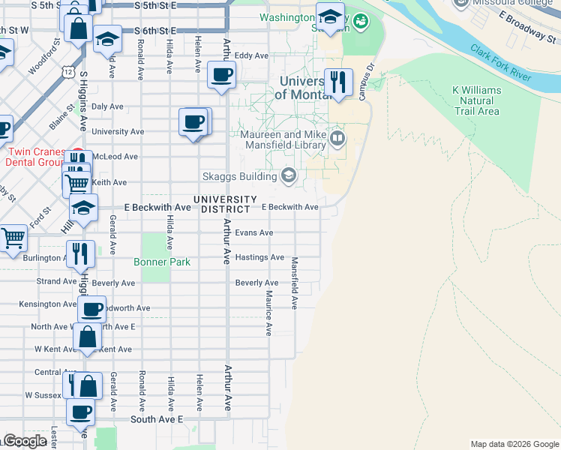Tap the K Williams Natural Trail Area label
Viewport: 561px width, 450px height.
point(476,100)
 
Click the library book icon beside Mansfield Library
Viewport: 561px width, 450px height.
point(337,137)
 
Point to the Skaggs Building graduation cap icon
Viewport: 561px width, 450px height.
point(288,176)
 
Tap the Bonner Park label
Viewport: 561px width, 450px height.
point(162,262)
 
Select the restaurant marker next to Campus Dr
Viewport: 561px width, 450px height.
point(339,81)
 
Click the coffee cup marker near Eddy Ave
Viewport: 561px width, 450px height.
point(221,75)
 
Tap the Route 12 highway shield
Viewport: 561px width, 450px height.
point(68,72)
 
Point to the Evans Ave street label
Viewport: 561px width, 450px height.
point(254,233)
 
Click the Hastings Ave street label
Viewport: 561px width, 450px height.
point(259,257)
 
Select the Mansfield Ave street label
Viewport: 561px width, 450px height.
point(295,283)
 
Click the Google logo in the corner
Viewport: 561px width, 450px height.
point(25,441)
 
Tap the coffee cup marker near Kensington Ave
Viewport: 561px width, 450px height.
point(92,309)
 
